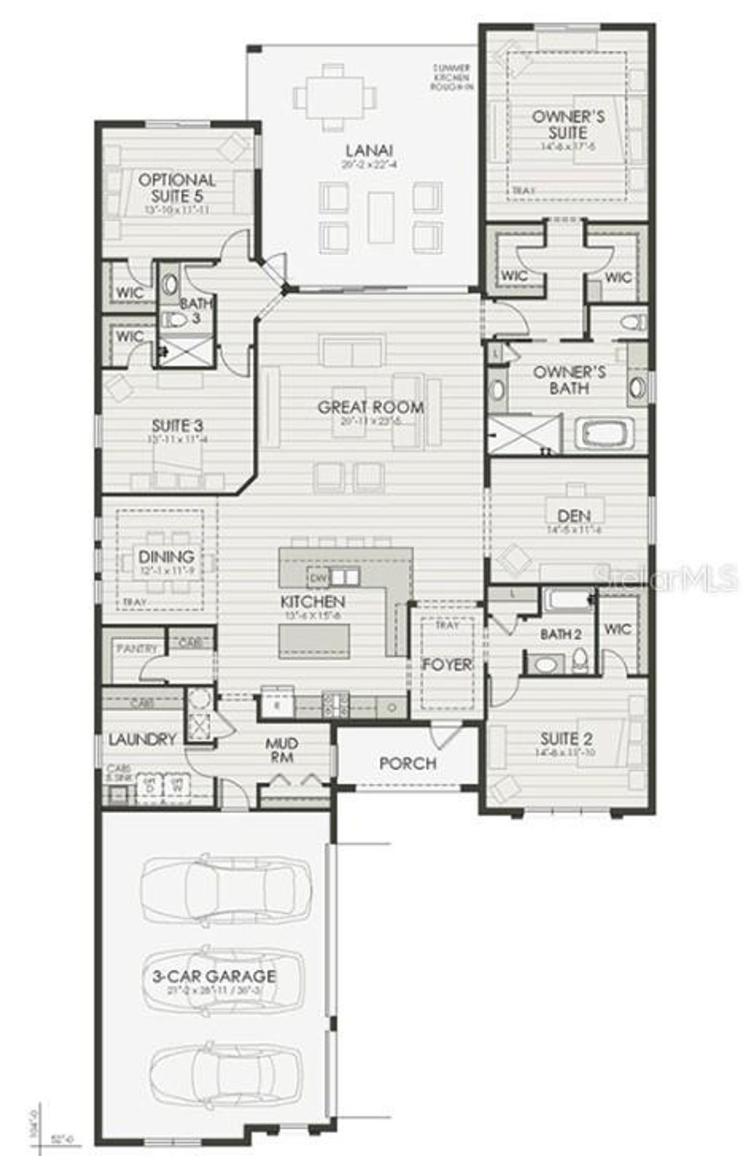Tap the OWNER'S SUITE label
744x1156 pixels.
coord(568,124)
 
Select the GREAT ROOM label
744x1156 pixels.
coord(371,407)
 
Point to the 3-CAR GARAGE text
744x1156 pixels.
coord(214,976)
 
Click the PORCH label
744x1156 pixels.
coord(408,763)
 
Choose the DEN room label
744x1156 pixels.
coord(574,516)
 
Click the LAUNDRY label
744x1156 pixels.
coord(142,739)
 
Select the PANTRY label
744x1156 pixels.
coord(137,647)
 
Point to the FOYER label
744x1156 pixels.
coord(447,664)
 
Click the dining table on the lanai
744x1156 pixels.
coord(335,97)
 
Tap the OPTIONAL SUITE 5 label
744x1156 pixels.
coord(177,187)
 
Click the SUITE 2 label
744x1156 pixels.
coord(566,739)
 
